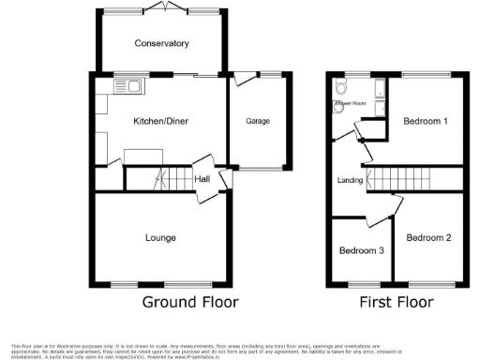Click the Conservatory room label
161,43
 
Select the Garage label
258,122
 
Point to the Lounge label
159,238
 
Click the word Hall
202,179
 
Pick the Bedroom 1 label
425,122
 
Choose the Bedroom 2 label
428,238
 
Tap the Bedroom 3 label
361,251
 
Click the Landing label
350,181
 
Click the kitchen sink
127,87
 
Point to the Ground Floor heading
190,302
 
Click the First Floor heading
397,302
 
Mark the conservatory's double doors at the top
161,7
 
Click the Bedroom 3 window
360,284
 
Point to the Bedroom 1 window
427,73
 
